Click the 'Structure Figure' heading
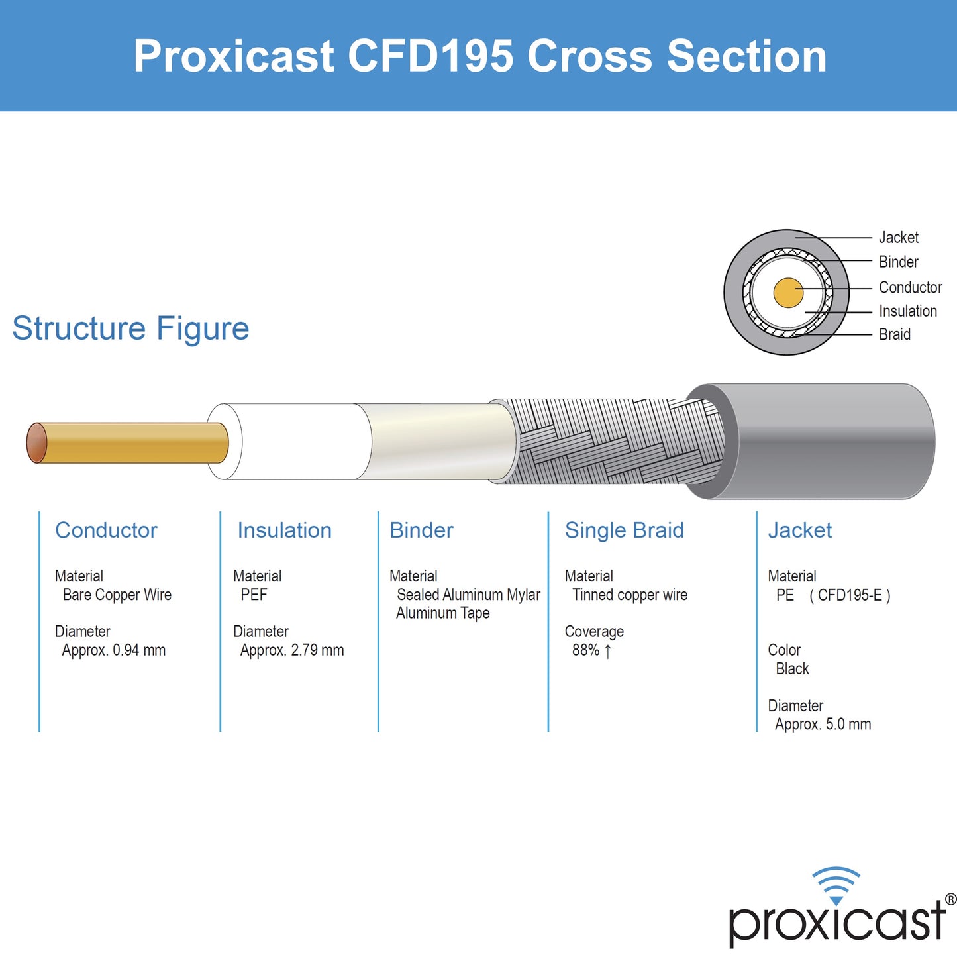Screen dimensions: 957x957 [130, 328]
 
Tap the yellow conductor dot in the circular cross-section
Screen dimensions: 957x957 [788, 293]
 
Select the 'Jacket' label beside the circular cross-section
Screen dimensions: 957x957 [898, 238]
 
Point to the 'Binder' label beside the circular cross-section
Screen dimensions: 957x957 [898, 262]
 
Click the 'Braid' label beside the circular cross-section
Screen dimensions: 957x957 [894, 334]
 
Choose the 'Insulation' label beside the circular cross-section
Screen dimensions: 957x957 [907, 311]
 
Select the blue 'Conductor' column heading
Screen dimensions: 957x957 [106, 530]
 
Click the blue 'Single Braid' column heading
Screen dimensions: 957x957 [624, 530]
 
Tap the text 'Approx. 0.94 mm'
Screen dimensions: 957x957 [113, 650]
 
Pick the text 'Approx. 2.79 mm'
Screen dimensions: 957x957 [292, 650]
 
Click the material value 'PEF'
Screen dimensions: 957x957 [254, 595]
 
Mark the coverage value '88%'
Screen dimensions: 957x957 [585, 650]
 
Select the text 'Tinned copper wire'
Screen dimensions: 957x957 [630, 595]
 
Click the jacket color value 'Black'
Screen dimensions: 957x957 [792, 669]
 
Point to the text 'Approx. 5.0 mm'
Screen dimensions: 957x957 [823, 725]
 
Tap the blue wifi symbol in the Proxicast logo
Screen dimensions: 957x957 [836, 884]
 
